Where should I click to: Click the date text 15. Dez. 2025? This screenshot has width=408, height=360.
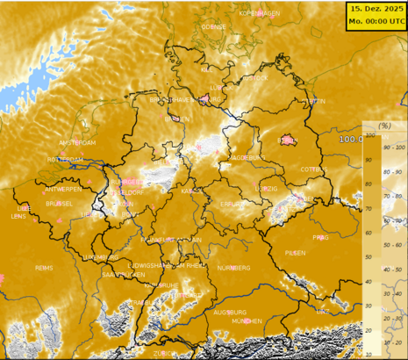[376, 8]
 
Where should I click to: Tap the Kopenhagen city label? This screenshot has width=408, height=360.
[260, 14]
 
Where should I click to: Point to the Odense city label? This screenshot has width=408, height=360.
[213, 26]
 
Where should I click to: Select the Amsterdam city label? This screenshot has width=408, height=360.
[76, 142]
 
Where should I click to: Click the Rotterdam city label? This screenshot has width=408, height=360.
[65, 160]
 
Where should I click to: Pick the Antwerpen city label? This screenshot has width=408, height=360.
[63, 189]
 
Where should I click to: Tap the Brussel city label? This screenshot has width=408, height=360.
[59, 203]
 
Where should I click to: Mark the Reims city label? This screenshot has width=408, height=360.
[44, 267]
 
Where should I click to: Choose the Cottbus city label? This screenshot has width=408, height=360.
[312, 169]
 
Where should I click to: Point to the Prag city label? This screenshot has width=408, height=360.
[320, 237]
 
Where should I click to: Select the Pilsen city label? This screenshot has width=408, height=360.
[295, 252]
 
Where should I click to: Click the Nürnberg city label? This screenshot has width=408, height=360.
[233, 267]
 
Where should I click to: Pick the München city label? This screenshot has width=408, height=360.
[247, 321]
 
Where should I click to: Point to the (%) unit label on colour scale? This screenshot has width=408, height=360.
[384, 126]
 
